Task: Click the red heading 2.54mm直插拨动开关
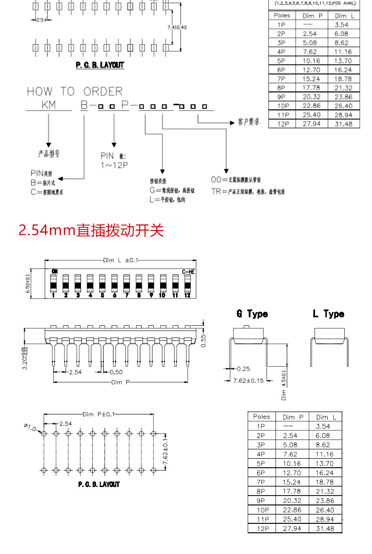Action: [91, 231]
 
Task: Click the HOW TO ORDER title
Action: [74, 91]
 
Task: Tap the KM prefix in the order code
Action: [49, 105]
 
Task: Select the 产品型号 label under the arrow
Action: [49, 154]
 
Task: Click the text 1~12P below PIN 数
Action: [114, 165]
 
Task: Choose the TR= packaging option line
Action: [248, 191]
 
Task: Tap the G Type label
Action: [252, 314]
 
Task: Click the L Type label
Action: [328, 314]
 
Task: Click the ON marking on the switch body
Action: [55, 271]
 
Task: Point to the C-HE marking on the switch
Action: [188, 272]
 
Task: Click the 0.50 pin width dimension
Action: [116, 372]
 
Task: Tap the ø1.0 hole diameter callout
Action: [31, 427]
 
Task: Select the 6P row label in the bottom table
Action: [262, 472]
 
